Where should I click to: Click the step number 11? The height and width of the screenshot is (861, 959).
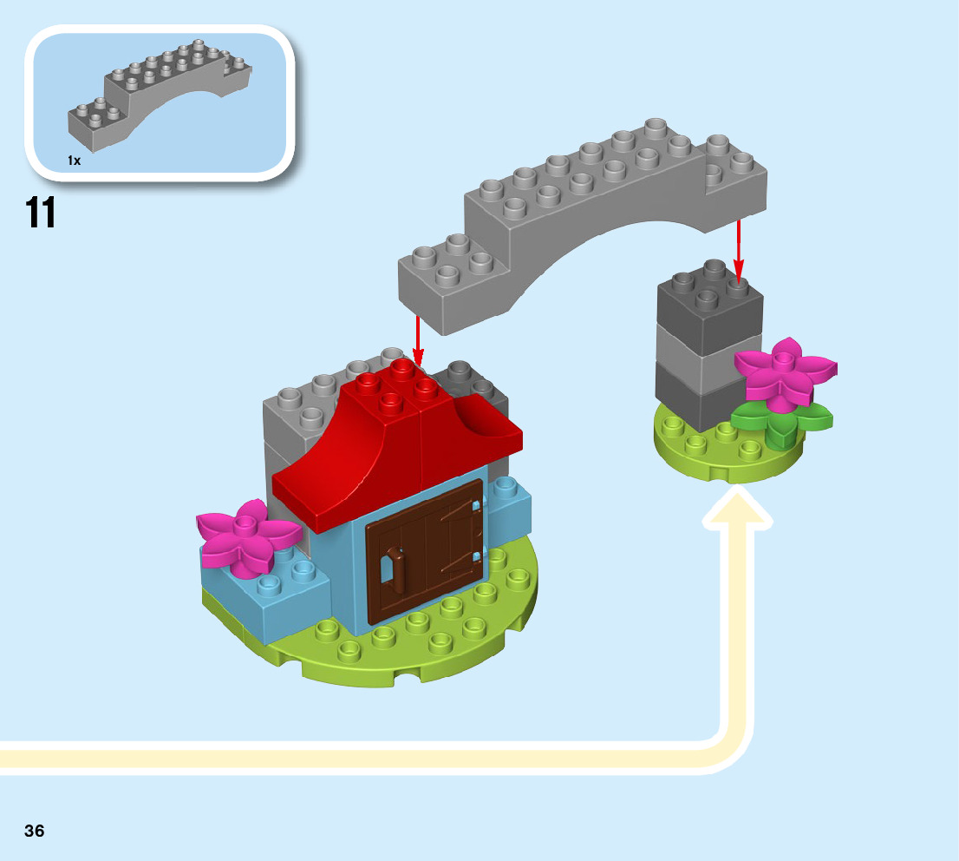tap(41, 213)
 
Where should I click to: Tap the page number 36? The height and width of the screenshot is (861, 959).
tap(35, 831)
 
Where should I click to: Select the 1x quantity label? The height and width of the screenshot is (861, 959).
tap(74, 161)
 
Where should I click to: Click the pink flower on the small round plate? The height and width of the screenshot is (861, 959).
tap(785, 371)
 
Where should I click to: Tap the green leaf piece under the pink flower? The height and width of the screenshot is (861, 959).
tap(780, 421)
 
